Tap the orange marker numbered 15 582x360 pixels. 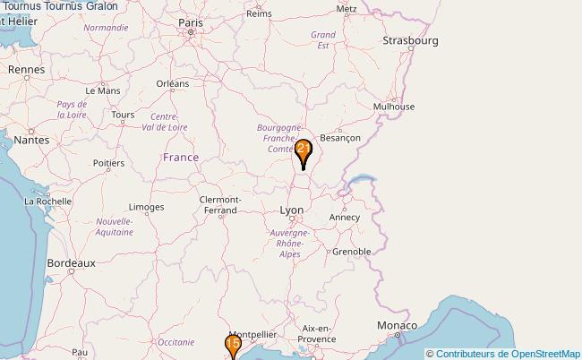pyautogui.click(x=233, y=345)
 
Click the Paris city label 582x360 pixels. pyautogui.click(x=191, y=22)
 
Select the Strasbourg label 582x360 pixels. pyautogui.click(x=410, y=41)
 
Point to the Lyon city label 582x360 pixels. pyautogui.click(x=292, y=210)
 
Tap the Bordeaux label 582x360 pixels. pyautogui.click(x=71, y=264)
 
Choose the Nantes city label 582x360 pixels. pyautogui.click(x=31, y=140)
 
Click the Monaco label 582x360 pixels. pyautogui.click(x=397, y=324)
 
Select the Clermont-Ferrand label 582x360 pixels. pyautogui.click(x=219, y=205)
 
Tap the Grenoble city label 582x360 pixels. pyautogui.click(x=352, y=252)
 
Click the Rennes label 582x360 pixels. pyautogui.click(x=27, y=69)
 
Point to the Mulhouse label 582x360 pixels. pyautogui.click(x=395, y=106)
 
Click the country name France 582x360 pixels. pyautogui.click(x=181, y=158)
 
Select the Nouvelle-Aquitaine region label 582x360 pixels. pyautogui.click(x=114, y=227)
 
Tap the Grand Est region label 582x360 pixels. pyautogui.click(x=322, y=39)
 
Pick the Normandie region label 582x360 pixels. pyautogui.click(x=106, y=28)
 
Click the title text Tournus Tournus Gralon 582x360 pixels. pyautogui.click(x=59, y=6)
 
